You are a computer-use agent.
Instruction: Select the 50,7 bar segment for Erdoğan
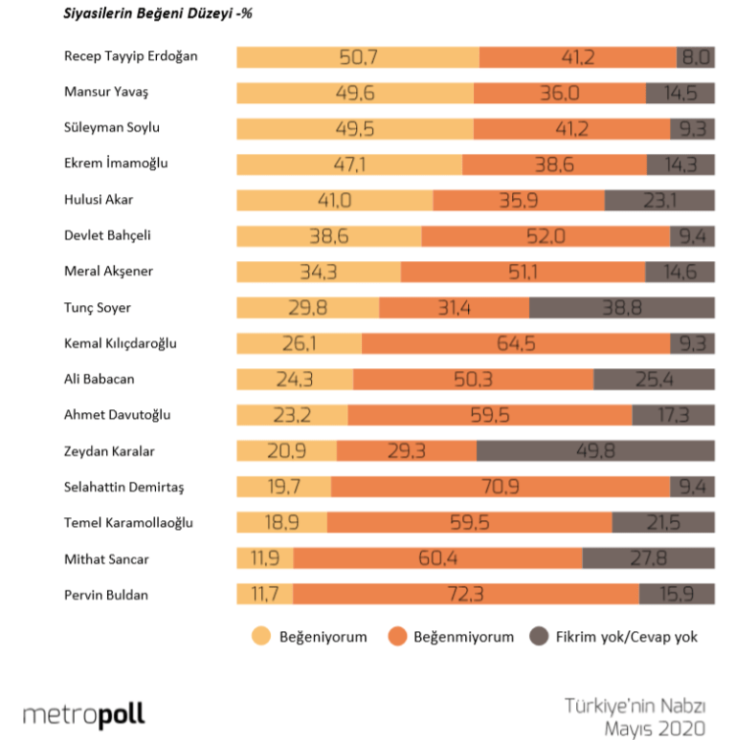click(358, 56)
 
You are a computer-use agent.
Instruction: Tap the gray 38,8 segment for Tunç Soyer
click(622, 308)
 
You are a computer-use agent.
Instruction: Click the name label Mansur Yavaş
click(106, 92)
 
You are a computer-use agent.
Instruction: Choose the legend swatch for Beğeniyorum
click(260, 637)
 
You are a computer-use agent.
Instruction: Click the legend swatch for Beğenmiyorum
click(398, 637)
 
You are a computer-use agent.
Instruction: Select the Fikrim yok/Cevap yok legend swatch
click(539, 637)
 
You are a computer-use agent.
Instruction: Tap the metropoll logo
click(84, 714)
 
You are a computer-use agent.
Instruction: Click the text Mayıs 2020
click(655, 729)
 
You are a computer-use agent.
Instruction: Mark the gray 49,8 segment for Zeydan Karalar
click(595, 452)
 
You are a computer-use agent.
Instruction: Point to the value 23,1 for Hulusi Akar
click(659, 200)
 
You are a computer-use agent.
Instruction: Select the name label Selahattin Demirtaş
click(123, 488)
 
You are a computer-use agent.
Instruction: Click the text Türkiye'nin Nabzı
click(635, 707)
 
